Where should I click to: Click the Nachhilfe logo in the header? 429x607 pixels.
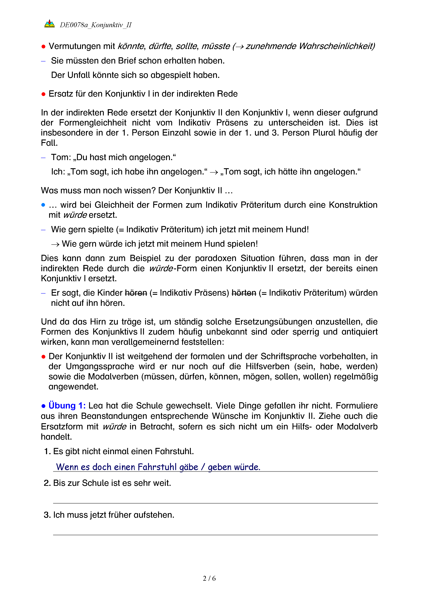point(49,24)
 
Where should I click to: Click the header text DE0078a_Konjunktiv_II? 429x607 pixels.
point(96,25)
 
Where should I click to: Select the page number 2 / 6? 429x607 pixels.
point(209,578)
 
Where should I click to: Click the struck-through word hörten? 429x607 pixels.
point(244,293)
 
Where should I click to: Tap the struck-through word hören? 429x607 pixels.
point(136,293)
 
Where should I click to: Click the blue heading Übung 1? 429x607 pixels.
point(67,406)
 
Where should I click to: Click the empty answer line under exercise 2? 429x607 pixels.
point(215,503)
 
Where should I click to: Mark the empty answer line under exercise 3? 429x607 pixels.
point(215,534)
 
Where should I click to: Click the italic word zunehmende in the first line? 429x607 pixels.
point(271,46)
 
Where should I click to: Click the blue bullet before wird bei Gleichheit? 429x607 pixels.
point(43,205)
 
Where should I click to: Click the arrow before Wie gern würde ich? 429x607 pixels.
point(55,244)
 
